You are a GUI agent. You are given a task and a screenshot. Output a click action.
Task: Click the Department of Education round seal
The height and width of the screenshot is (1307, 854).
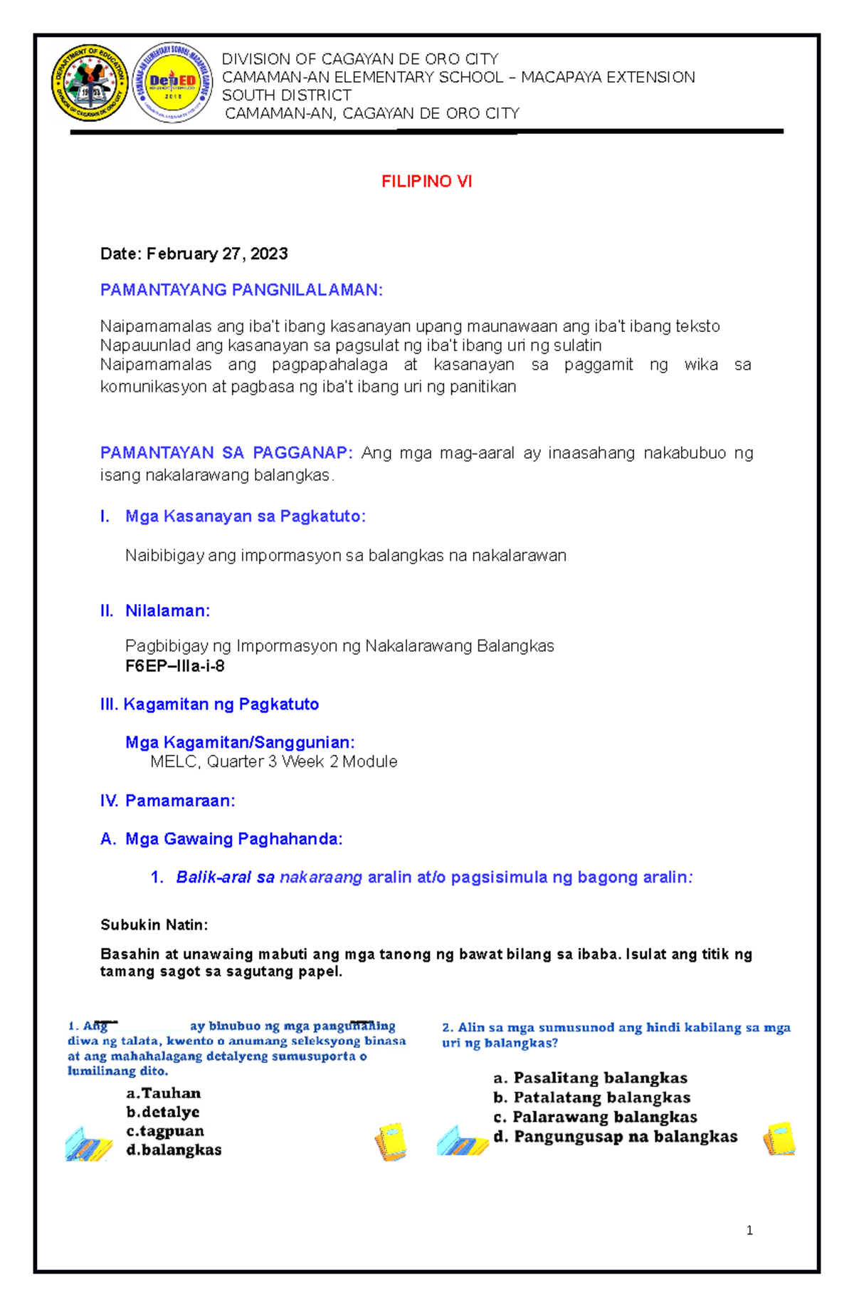click(90, 83)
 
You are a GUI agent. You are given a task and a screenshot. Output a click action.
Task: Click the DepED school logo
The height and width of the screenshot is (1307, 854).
click(173, 83)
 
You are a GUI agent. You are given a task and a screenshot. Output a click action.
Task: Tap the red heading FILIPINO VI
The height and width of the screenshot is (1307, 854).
click(426, 182)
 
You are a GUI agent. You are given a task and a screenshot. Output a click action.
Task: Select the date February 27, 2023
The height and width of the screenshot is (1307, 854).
click(194, 254)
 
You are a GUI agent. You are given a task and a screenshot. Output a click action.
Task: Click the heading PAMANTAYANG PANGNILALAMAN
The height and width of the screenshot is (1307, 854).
click(241, 290)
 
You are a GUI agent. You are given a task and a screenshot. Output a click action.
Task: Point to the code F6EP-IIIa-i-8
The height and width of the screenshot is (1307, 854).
click(174, 667)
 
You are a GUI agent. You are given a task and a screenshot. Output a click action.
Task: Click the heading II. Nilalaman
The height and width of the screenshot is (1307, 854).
click(155, 611)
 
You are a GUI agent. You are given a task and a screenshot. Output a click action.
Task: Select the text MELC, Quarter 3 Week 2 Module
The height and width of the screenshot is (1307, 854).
click(273, 762)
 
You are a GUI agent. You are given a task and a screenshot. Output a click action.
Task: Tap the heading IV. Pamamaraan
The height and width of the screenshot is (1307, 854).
click(167, 801)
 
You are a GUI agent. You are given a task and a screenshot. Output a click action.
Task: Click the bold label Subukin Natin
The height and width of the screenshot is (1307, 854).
click(154, 925)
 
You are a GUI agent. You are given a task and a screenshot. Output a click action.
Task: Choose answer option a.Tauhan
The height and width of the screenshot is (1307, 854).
click(163, 1093)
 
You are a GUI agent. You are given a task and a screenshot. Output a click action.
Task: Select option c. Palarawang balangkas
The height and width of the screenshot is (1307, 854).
click(595, 1117)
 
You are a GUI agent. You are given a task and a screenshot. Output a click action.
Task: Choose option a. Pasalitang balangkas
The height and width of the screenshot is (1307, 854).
click(590, 1078)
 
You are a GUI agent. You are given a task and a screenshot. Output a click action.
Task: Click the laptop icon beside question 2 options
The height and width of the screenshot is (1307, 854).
click(463, 1140)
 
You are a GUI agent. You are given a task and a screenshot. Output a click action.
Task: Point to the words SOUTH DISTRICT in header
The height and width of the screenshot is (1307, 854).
click(286, 95)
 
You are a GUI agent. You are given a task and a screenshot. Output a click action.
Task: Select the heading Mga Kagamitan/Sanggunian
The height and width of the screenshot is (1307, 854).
click(240, 743)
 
